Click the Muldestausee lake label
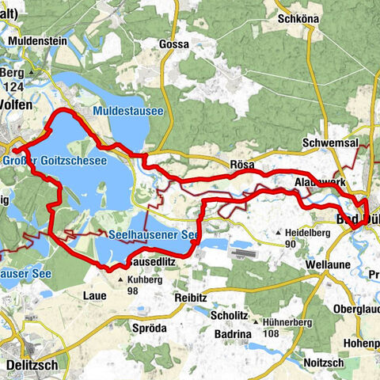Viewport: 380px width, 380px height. tap(127, 112)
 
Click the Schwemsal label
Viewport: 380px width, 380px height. tap(331, 142)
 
